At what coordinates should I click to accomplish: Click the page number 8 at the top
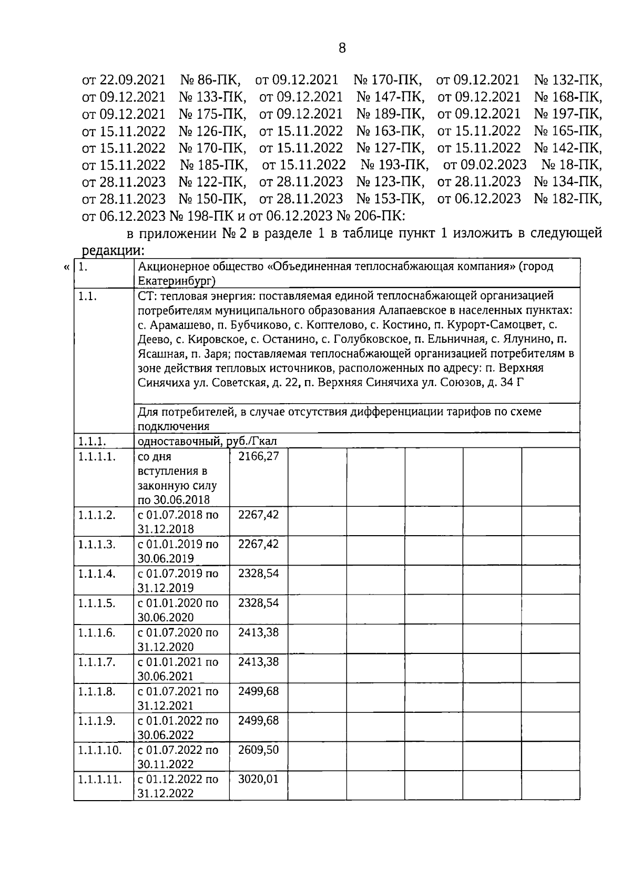click(342, 49)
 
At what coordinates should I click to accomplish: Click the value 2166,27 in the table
click(258, 456)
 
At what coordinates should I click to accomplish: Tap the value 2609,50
click(258, 749)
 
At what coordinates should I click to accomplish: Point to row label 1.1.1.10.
click(100, 749)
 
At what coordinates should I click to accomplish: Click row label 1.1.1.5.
click(97, 602)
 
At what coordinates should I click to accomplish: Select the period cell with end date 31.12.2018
click(178, 521)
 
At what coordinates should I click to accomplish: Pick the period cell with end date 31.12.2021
click(178, 698)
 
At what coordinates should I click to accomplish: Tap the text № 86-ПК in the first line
click(210, 80)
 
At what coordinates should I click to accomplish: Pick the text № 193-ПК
click(394, 165)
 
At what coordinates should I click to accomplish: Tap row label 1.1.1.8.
click(97, 691)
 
